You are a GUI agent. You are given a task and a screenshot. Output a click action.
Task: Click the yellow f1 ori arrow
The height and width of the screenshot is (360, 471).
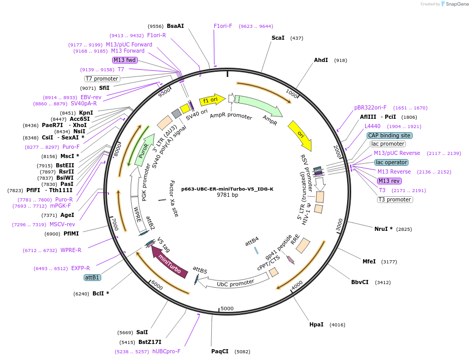(x=212, y=99)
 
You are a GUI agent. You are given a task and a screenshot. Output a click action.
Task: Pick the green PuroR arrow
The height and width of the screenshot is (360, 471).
(x=145, y=149)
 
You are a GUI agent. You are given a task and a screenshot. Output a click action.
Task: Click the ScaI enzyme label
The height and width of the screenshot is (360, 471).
(x=278, y=38)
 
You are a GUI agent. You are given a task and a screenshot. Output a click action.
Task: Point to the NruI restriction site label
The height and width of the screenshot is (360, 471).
(x=383, y=228)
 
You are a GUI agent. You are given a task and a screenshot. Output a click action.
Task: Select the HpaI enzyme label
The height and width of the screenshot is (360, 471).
(x=316, y=324)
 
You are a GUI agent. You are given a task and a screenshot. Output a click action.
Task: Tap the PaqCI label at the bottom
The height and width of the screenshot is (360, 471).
(x=219, y=351)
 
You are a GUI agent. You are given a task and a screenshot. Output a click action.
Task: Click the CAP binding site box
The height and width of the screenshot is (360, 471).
(x=389, y=135)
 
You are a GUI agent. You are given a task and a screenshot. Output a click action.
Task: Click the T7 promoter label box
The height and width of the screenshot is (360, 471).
(x=102, y=79)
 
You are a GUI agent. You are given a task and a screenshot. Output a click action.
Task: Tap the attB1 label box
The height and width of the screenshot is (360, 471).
(x=92, y=277)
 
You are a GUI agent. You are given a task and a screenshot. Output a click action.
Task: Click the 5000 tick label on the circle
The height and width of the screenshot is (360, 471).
(x=227, y=308)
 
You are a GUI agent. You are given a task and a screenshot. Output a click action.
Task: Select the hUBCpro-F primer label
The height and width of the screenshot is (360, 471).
(x=166, y=351)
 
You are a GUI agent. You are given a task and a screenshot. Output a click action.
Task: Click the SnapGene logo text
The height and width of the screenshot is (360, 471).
(x=457, y=4)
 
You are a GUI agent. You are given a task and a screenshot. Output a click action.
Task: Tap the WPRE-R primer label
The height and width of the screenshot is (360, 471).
(x=71, y=250)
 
